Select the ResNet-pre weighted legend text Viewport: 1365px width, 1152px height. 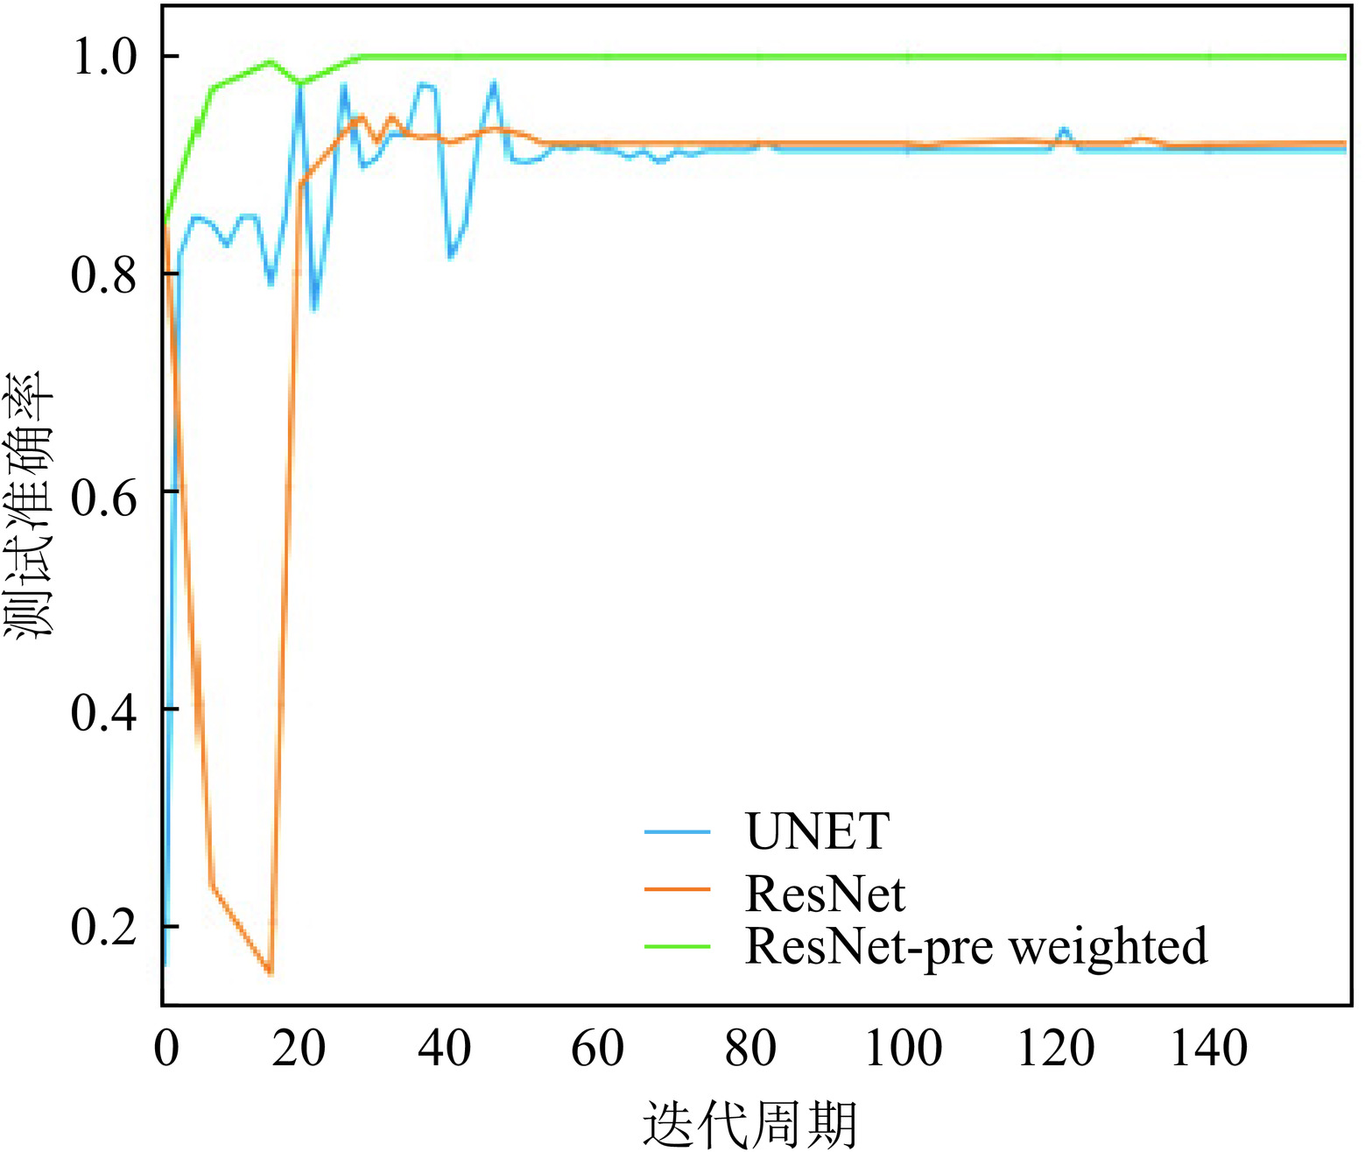click(975, 946)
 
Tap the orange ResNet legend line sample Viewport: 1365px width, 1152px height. click(677, 889)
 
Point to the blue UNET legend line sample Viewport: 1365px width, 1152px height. click(677, 830)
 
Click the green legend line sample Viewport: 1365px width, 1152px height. click(677, 946)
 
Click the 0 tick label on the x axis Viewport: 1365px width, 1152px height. click(166, 1049)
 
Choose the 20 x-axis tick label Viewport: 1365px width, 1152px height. click(299, 1049)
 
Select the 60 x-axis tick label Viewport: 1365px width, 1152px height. click(597, 1049)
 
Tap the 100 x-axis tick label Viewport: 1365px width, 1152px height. click(904, 1049)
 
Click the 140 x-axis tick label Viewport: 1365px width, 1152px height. click(1209, 1049)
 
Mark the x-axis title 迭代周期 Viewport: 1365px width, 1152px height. click(749, 1124)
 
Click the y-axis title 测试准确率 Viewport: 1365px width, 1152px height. click(31, 505)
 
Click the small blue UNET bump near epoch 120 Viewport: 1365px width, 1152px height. click(1064, 131)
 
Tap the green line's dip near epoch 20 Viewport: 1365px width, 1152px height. click(300, 83)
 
